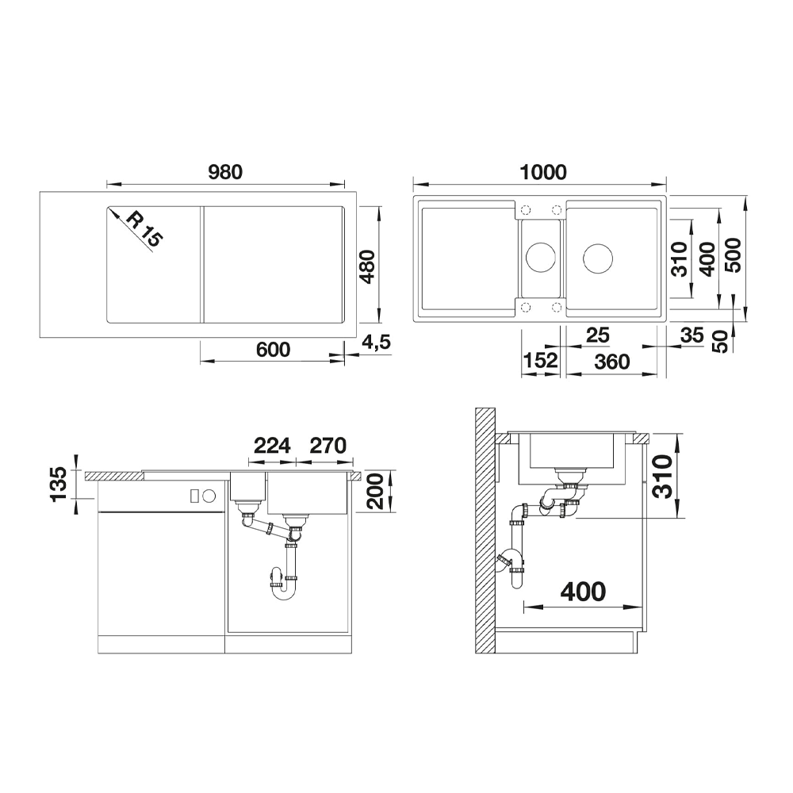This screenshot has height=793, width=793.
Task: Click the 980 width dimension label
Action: pyautogui.click(x=225, y=172)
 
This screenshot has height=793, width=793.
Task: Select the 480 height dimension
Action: pyautogui.click(x=367, y=266)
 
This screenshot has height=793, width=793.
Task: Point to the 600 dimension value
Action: pyautogui.click(x=273, y=350)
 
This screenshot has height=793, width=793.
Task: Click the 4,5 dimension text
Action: pyautogui.click(x=376, y=343)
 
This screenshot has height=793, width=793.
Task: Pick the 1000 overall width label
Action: pyautogui.click(x=543, y=172)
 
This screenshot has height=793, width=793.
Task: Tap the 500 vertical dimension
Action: pyautogui.click(x=733, y=255)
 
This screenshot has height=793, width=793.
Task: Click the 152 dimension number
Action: pyautogui.click(x=541, y=361)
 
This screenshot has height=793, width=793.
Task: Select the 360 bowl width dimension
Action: pyautogui.click(x=612, y=362)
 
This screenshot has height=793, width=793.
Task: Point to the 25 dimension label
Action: pyautogui.click(x=598, y=335)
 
